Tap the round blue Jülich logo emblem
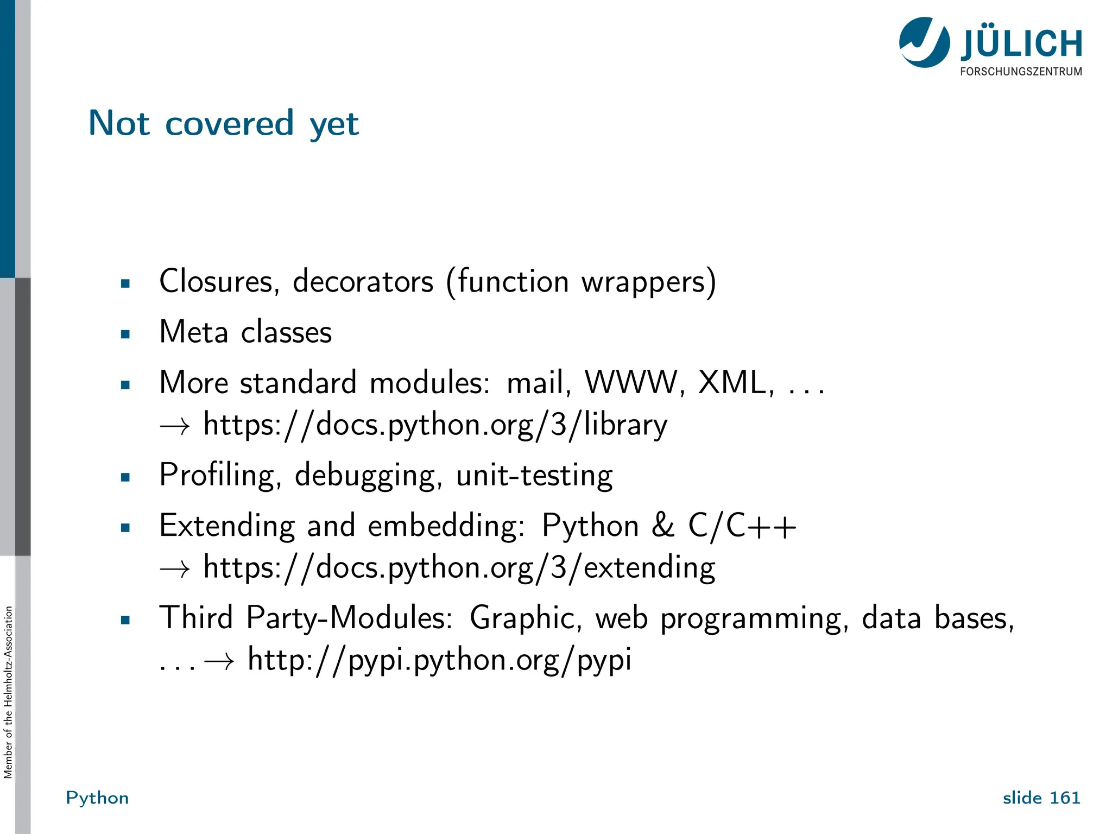coord(924,42)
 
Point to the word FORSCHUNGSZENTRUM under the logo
coord(1021,72)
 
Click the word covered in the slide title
coord(229,123)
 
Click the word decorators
coord(363,282)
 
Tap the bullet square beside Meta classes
coord(125,334)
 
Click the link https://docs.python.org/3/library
coord(435,425)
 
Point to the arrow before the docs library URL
coord(175,426)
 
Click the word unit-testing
coord(534,476)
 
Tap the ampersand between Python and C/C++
coord(663,526)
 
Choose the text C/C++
coord(742,526)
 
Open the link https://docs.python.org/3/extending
coord(459,568)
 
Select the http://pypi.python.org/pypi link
coord(439,660)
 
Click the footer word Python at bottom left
coord(97,798)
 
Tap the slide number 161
coord(1065,798)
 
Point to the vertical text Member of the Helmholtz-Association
coord(8,692)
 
